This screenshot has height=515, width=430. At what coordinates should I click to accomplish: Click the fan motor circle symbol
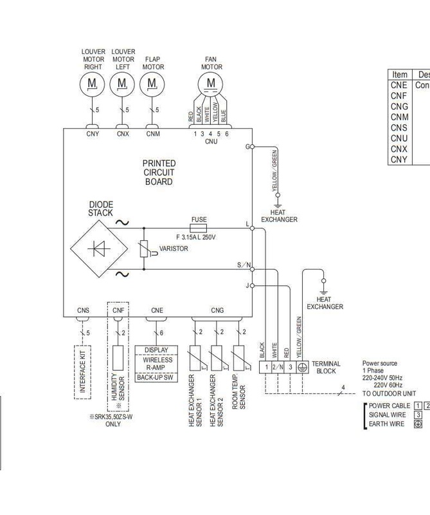(x=211, y=82)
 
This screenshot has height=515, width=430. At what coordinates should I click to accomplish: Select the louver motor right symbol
(x=93, y=83)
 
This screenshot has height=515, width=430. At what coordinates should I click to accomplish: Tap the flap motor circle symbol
(x=152, y=83)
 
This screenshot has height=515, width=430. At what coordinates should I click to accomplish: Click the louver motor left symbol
(x=122, y=83)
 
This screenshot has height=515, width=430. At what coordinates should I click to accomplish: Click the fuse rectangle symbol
(x=199, y=228)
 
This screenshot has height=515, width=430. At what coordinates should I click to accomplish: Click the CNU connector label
(x=211, y=141)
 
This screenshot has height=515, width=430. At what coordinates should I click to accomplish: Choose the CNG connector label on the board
(x=217, y=310)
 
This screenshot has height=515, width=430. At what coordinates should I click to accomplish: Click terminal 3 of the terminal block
(x=290, y=368)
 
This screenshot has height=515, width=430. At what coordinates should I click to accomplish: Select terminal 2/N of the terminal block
(x=278, y=368)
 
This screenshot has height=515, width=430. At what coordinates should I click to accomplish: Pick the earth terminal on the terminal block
(x=302, y=368)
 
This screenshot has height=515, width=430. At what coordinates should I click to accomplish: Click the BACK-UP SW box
(x=156, y=378)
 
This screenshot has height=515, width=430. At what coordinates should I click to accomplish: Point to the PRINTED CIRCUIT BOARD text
(x=159, y=173)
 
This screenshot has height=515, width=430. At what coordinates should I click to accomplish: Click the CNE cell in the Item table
(x=399, y=85)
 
